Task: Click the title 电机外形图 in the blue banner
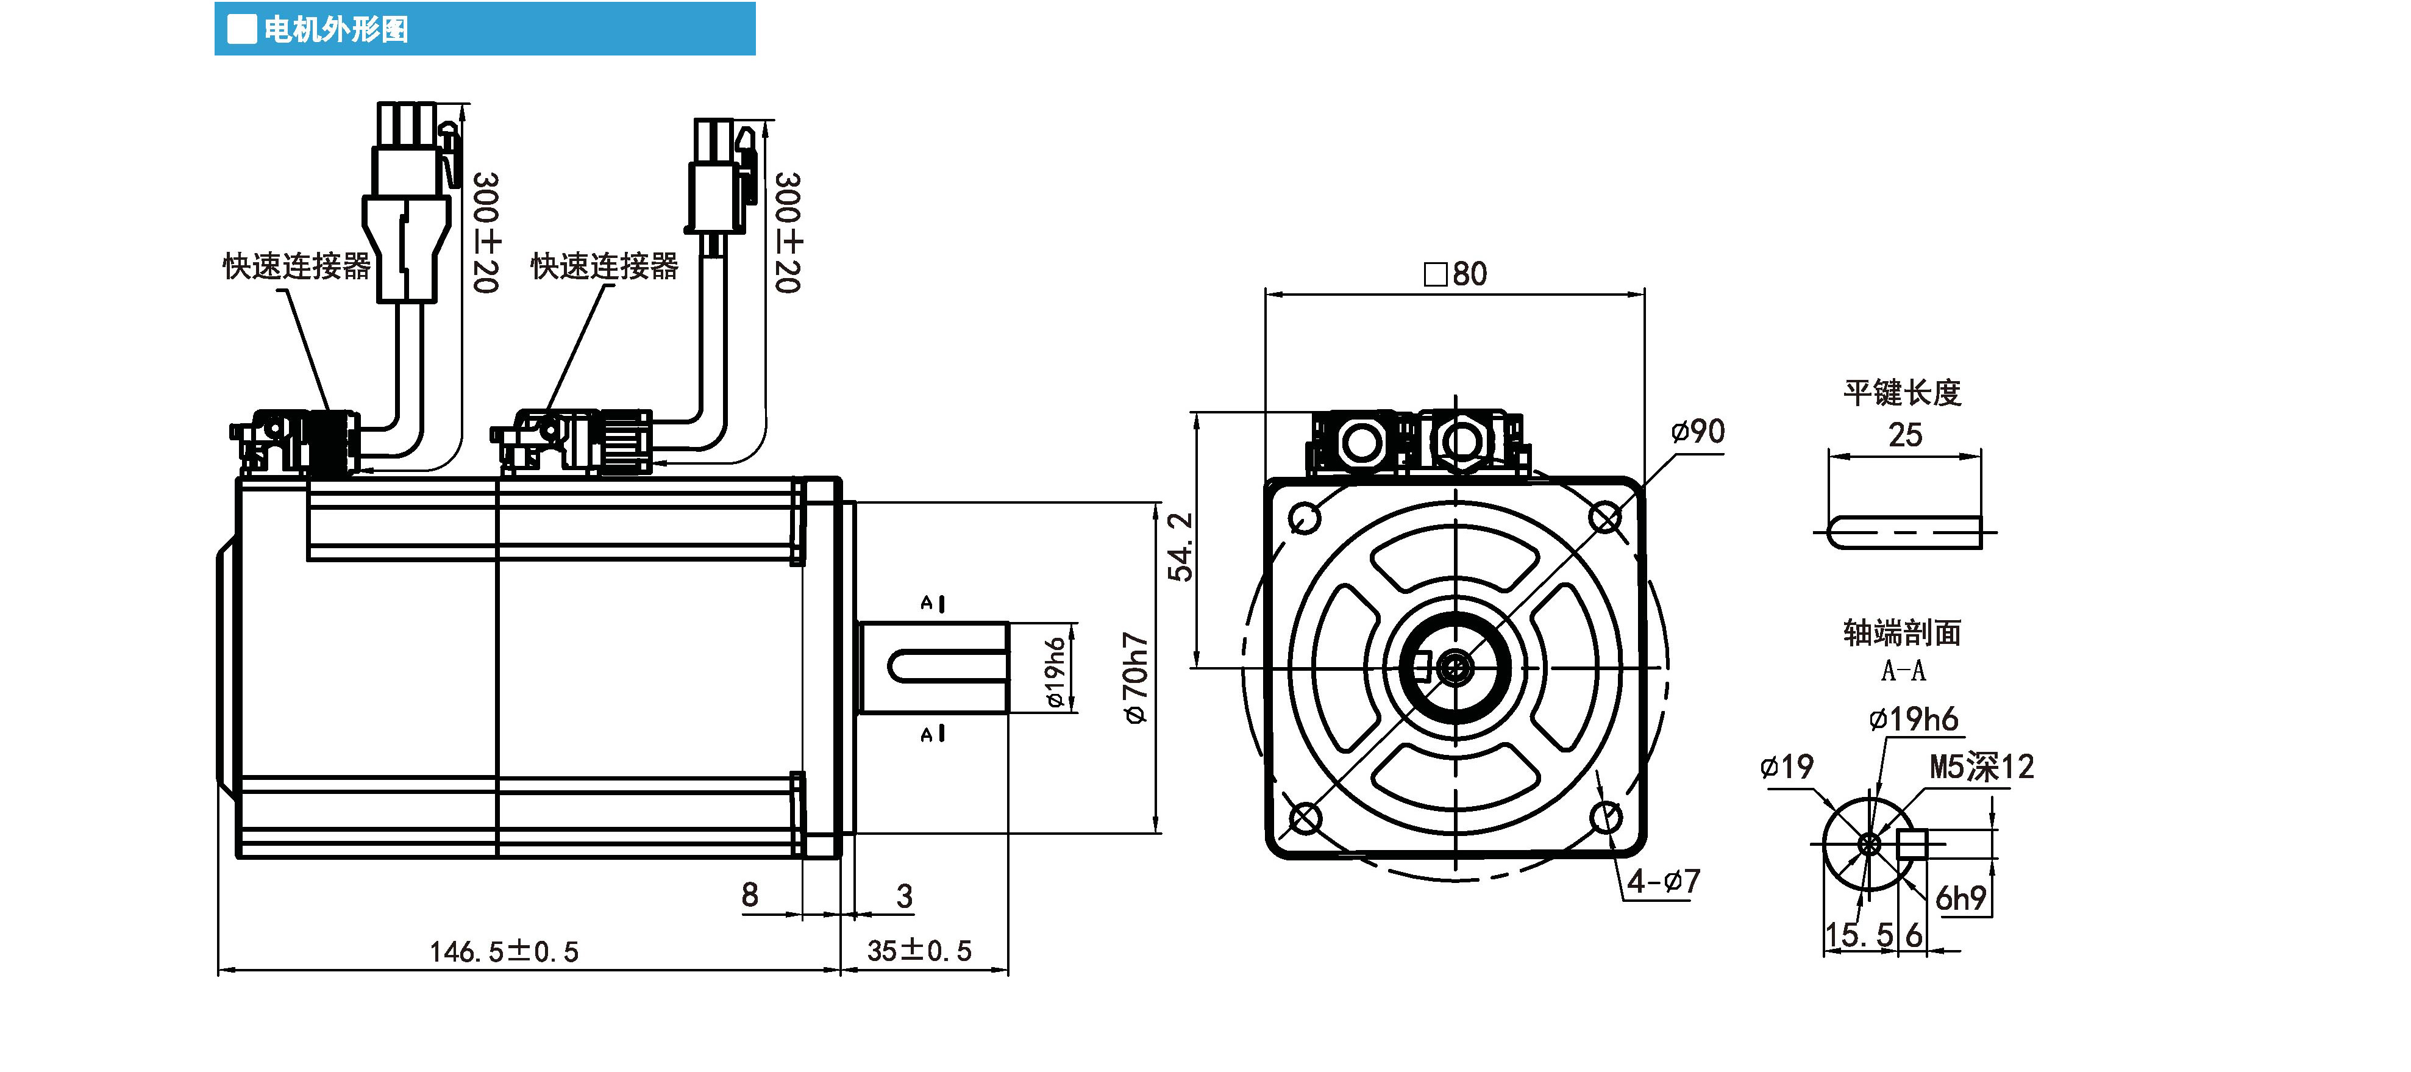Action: point(335,29)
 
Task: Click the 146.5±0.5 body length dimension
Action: point(504,951)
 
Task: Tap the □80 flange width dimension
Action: point(1455,273)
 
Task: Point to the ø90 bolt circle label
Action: point(1698,432)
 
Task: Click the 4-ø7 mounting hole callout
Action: point(1663,881)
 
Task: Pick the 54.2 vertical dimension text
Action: point(1181,547)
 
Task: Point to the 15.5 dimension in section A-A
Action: point(1859,934)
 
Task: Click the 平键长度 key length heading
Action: point(1902,392)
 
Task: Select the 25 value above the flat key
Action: point(1904,435)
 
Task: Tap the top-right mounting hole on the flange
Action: point(1606,517)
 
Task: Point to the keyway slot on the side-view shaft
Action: point(946,668)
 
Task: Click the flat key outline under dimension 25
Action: point(1904,533)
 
